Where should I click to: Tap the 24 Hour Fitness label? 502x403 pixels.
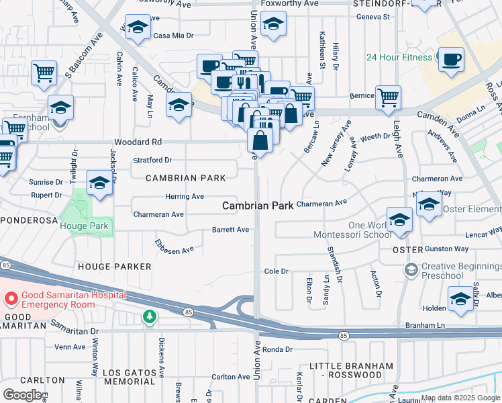399,57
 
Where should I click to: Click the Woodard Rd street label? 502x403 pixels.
138,142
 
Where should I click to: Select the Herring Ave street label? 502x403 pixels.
185,196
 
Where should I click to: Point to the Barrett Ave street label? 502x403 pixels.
230,230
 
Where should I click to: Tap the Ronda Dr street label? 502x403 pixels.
277,349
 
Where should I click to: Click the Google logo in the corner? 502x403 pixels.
21,394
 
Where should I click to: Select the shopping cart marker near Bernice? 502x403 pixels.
388,97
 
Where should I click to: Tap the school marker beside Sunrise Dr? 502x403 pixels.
99,183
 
